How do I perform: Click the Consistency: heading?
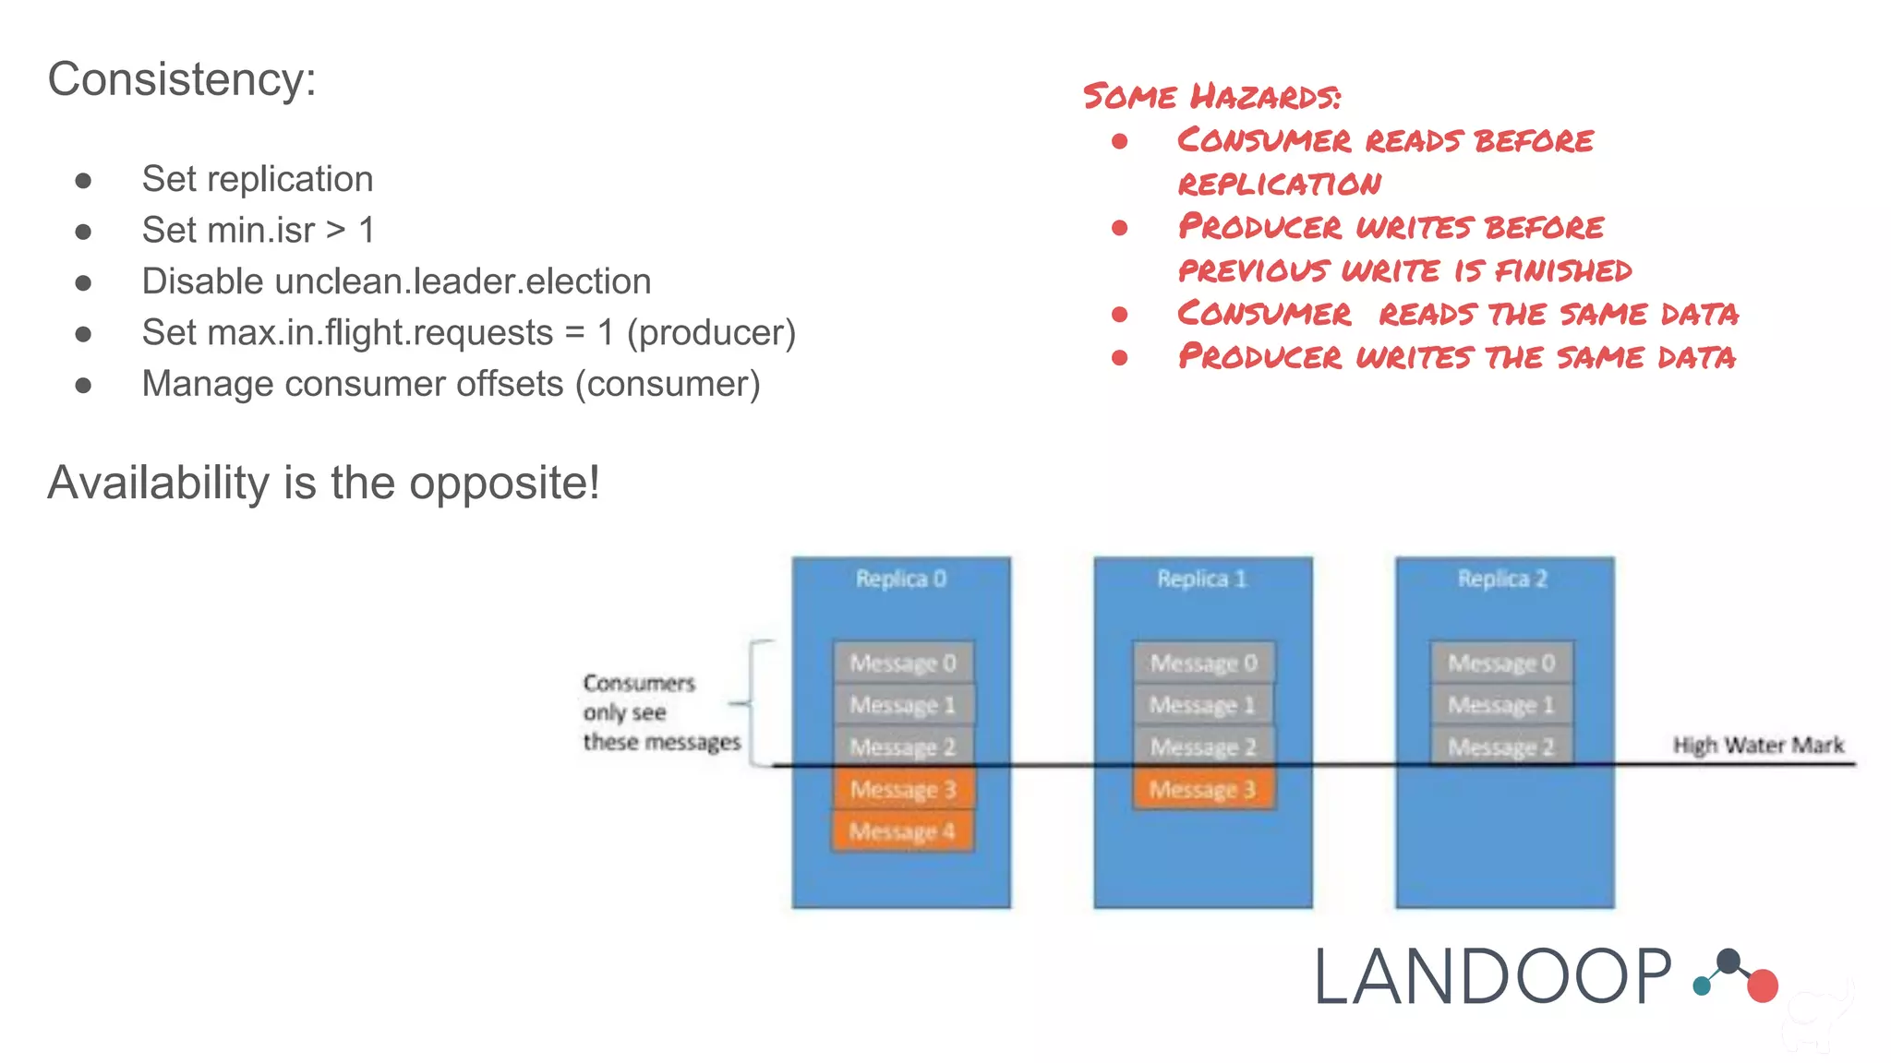[182, 79]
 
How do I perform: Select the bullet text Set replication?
[258, 179]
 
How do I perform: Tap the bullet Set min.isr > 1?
[259, 230]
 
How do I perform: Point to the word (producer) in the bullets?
[711, 332]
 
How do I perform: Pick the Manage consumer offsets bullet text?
[451, 384]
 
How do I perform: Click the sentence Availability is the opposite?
[323, 483]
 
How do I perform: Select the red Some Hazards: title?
[1211, 96]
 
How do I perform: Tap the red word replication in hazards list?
[1280, 184]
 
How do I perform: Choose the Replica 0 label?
[900, 579]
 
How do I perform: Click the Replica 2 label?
[1502, 579]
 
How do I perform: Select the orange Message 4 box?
[902, 831]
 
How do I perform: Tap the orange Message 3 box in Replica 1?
[1202, 790]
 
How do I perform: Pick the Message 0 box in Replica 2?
[1501, 663]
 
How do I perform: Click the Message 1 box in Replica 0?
[902, 705]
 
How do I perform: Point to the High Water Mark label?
[1758, 745]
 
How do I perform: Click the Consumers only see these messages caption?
[660, 712]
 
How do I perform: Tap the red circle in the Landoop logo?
[1763, 985]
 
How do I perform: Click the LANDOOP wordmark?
[1492, 977]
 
